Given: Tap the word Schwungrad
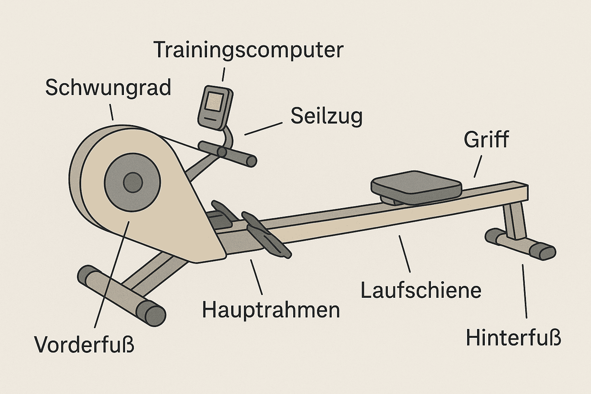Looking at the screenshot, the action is (x=108, y=88).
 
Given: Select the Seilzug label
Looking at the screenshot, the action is (x=327, y=117).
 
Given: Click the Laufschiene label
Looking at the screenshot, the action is (x=421, y=290).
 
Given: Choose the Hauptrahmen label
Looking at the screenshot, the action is (x=271, y=311).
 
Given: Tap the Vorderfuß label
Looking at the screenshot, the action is (x=84, y=345).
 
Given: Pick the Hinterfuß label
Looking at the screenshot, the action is (x=513, y=337).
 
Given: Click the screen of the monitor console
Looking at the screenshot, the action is (x=215, y=101).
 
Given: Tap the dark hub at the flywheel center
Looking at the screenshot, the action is (x=133, y=183).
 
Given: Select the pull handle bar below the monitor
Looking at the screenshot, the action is (x=227, y=154).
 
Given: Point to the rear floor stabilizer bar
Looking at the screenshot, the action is (x=520, y=244).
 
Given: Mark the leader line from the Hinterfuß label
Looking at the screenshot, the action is (x=524, y=291).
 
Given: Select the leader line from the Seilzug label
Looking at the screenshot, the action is (x=263, y=129).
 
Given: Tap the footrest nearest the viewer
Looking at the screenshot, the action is (x=267, y=235).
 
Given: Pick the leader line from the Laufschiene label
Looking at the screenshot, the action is (x=404, y=254).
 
